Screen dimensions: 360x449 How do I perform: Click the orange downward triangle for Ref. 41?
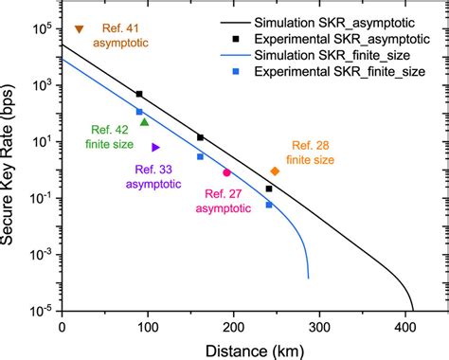[x=79, y=29]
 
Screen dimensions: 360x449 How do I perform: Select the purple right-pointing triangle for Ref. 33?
[x=155, y=147]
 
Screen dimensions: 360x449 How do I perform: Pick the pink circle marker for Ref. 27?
[x=226, y=172]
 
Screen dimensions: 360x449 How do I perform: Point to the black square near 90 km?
[x=139, y=94]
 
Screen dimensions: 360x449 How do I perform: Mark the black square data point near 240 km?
[x=269, y=189]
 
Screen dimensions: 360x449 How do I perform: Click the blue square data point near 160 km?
[x=200, y=156]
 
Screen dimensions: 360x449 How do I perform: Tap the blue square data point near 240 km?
[x=269, y=205]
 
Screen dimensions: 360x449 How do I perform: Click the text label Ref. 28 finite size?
[x=311, y=153]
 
